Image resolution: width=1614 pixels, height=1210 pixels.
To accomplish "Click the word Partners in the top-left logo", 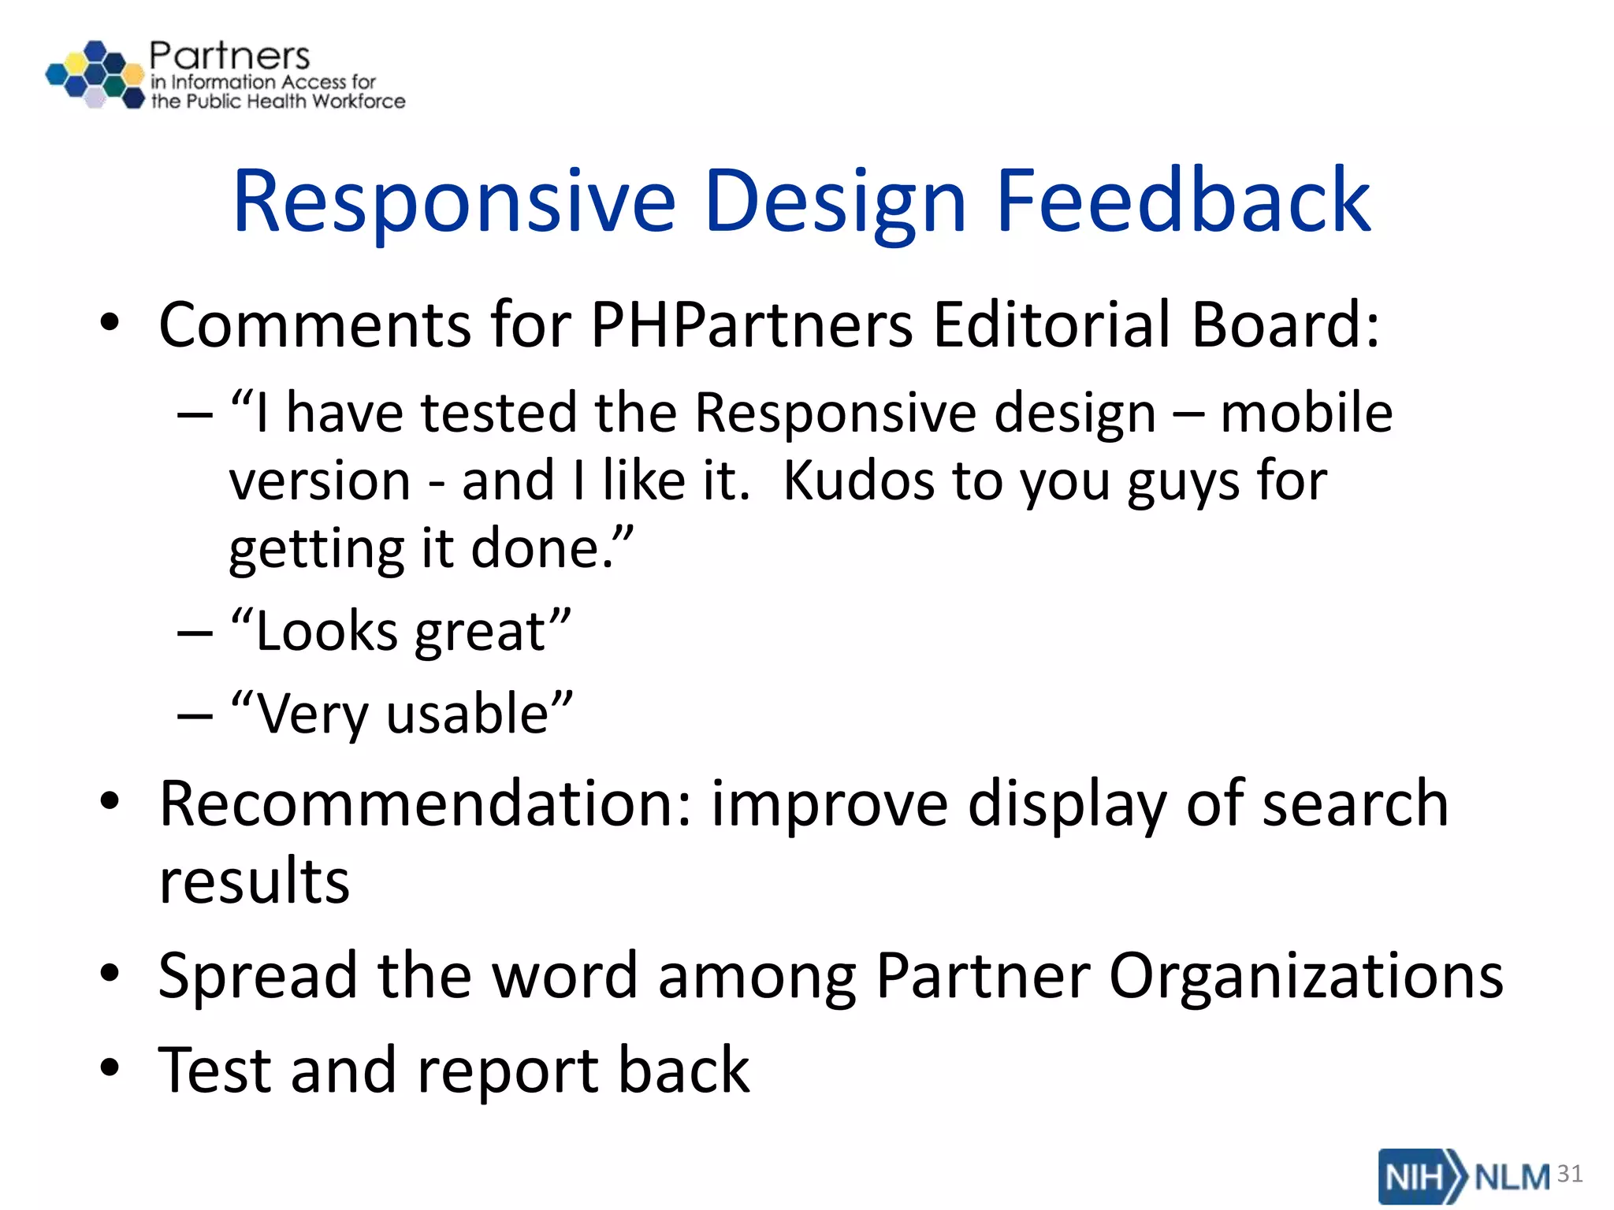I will (x=229, y=56).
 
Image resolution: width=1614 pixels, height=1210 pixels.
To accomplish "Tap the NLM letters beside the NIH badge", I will (x=1512, y=1177).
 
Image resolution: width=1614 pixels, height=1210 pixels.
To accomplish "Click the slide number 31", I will (x=1570, y=1174).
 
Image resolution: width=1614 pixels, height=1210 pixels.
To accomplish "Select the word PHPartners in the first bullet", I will (x=752, y=325).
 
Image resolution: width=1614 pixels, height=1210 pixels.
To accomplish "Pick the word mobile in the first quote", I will (x=1306, y=413).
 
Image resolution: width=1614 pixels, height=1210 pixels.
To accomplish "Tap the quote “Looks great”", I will (x=400, y=632).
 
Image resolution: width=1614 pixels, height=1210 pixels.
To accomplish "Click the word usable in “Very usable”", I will (x=468, y=714).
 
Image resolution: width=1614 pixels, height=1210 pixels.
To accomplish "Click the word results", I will (x=254, y=881).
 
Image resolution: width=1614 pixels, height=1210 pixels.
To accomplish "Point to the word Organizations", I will (x=1306, y=975).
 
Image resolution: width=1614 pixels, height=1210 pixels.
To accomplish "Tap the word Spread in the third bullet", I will (x=258, y=975).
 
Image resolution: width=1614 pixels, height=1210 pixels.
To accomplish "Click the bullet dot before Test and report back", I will (x=110, y=1068).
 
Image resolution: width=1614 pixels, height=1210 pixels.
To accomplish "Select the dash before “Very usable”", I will (x=195, y=715).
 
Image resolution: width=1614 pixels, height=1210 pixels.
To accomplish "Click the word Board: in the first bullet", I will (x=1285, y=325).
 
